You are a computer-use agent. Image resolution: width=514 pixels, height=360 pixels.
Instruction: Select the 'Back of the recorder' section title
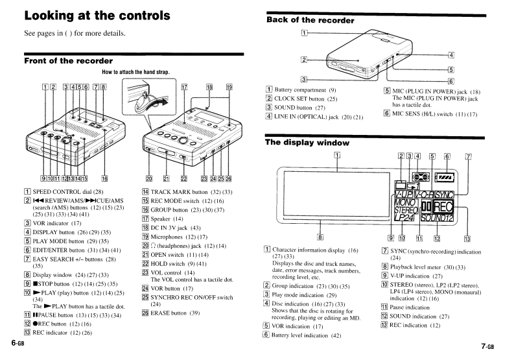pos(310,20)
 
